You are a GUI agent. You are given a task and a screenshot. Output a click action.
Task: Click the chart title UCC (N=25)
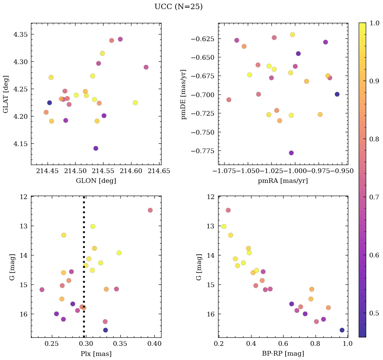click(x=178, y=7)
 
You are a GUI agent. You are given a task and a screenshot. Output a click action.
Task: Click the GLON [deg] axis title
click(x=96, y=181)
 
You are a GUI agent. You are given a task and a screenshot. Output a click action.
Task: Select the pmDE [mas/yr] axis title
click(x=184, y=93)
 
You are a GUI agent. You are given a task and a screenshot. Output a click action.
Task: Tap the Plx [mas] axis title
click(x=96, y=354)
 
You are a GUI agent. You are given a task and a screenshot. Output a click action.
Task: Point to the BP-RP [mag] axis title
click(x=283, y=354)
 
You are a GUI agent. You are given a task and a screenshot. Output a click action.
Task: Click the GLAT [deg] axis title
click(x=5, y=94)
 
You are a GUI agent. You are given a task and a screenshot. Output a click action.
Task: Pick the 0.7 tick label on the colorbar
click(x=374, y=197)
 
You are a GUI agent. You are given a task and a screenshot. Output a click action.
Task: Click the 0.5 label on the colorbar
click(x=374, y=313)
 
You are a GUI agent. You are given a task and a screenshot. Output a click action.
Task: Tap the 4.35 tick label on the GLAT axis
click(x=21, y=34)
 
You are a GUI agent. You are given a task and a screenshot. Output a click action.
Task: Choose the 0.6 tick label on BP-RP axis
click(x=283, y=344)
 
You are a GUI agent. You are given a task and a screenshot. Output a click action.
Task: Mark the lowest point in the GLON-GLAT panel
click(x=96, y=148)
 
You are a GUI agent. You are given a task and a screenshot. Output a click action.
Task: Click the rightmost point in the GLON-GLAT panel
click(x=146, y=67)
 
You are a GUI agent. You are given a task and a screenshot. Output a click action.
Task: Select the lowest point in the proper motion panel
click(x=291, y=153)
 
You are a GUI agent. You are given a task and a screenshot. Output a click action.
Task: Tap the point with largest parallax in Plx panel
click(x=150, y=210)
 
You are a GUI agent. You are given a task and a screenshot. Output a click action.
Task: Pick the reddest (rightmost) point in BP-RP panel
click(x=342, y=330)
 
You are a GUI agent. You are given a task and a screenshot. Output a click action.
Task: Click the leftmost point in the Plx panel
click(x=42, y=289)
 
